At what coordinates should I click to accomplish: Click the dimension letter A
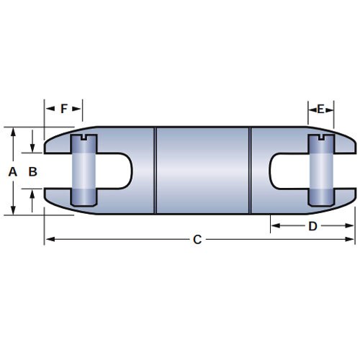tap(11, 171)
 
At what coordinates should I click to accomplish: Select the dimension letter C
tap(197, 240)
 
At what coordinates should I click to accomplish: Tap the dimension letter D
tap(312, 225)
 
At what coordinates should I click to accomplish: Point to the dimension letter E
tap(322, 109)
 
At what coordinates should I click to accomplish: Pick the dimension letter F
tap(63, 109)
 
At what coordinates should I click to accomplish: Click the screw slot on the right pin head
tap(320, 138)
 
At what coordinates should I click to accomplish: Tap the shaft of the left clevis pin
tap(84, 171)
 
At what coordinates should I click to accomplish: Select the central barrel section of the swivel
tap(202, 171)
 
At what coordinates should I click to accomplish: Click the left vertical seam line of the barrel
tap(156, 171)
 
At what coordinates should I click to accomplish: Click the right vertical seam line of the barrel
tap(250, 171)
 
